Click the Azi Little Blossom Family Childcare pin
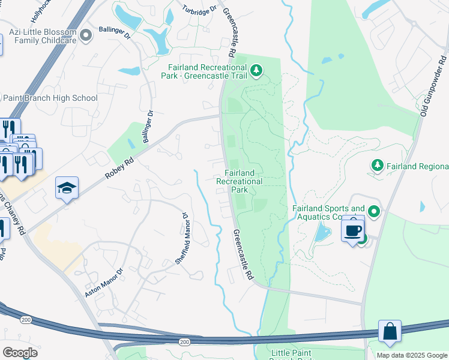pos(86,35)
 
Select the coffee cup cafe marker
pos(352,230)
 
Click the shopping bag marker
pos(390,331)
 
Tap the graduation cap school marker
pos(67,188)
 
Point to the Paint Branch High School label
pos(50,98)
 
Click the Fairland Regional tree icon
pos(377,165)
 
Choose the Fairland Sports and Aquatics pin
pos(374,211)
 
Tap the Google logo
pos(20,352)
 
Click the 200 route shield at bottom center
pos(184,341)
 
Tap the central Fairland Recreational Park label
pos(240,181)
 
